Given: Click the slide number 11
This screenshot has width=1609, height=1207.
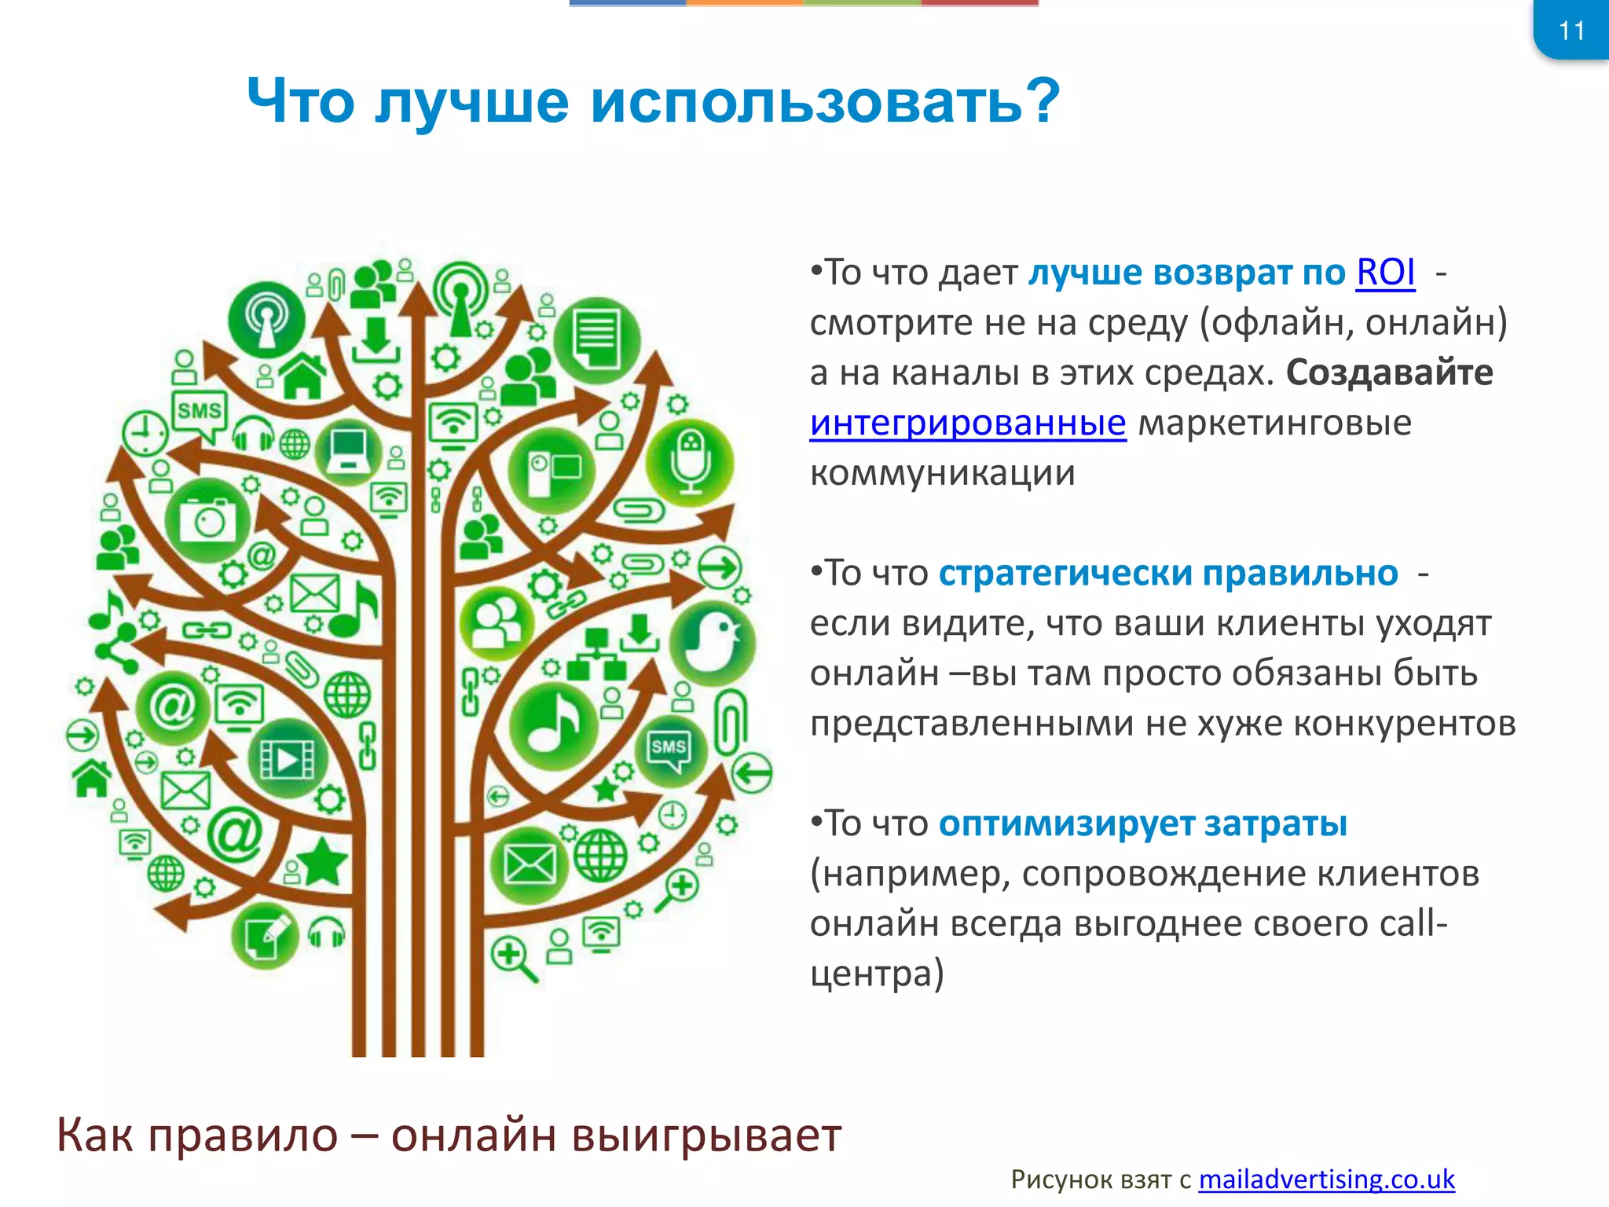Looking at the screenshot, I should pos(1571,31).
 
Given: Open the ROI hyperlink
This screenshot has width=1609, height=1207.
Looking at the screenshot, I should pos(1385,273).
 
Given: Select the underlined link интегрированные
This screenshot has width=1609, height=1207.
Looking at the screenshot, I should pos(967,423).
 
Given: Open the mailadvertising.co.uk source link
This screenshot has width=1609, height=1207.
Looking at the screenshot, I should pos(1326,1179).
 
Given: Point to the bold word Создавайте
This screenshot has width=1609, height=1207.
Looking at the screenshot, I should pos(1389,372).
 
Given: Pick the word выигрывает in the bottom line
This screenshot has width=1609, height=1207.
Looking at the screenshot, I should pos(706,1135).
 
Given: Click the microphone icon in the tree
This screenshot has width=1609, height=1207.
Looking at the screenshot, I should pos(690,464).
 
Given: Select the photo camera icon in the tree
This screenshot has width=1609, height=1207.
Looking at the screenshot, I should pos(207,519).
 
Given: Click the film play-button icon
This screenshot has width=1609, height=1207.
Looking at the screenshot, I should pos(288,758).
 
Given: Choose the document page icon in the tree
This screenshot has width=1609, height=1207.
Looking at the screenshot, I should pos(596,339).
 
